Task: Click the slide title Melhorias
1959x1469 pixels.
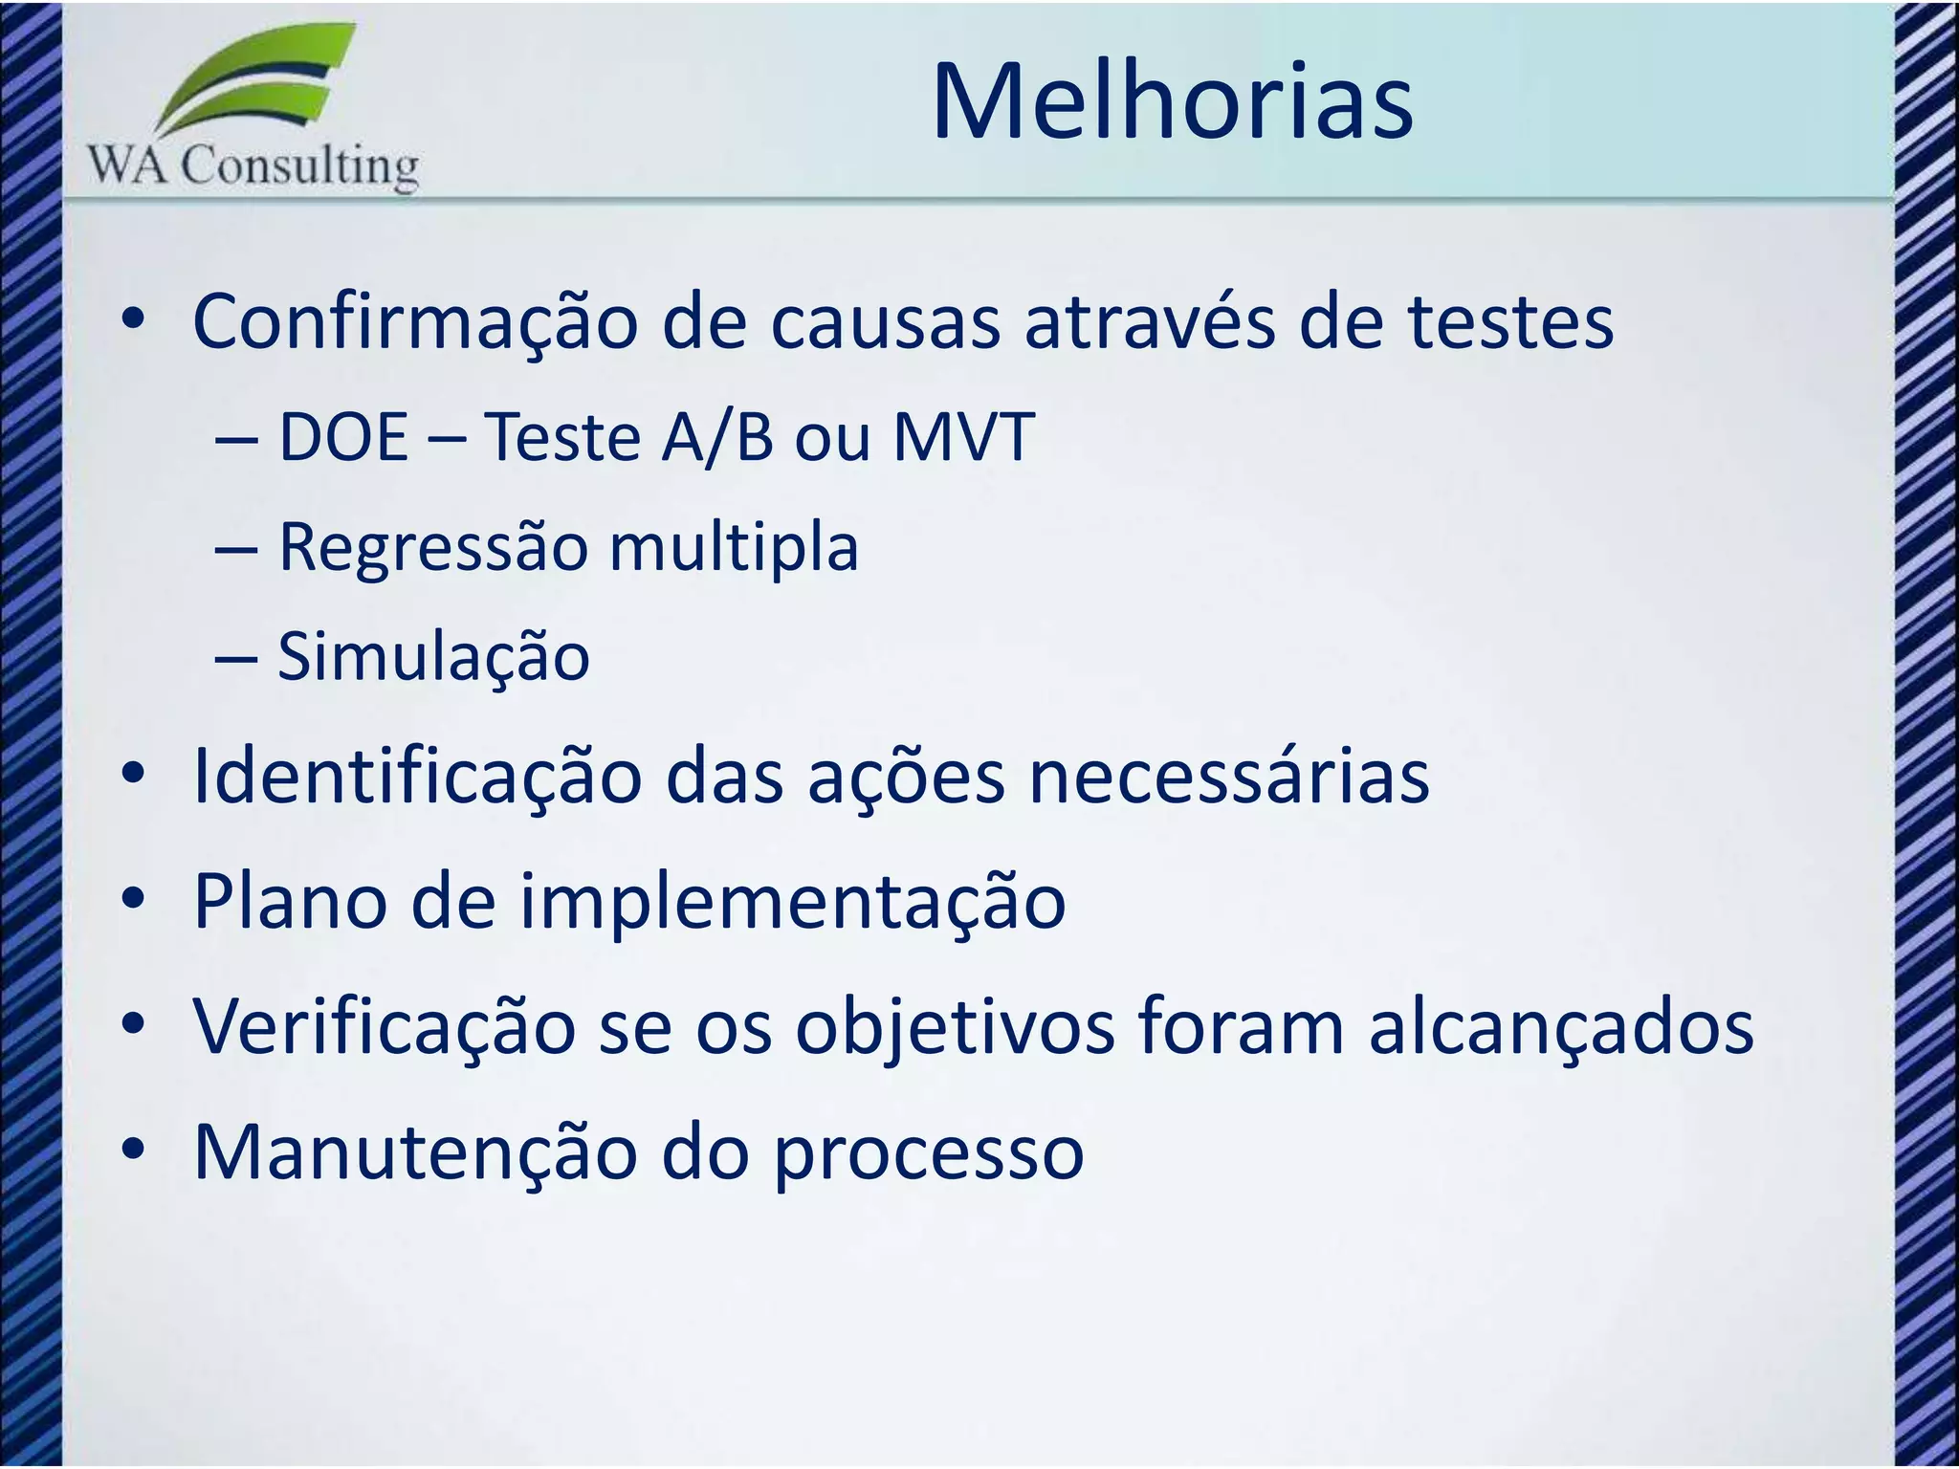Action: [x=1172, y=102]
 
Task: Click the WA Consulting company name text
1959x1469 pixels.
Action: [x=253, y=166]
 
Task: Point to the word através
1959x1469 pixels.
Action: [x=1150, y=323]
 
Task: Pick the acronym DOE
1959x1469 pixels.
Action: [x=343, y=438]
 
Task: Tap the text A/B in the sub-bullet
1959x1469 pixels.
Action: [x=717, y=438]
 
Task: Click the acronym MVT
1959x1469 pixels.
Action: [x=963, y=438]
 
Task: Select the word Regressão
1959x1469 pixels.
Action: [x=432, y=548]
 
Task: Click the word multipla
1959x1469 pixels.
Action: [x=734, y=548]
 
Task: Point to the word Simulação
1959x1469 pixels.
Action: [x=433, y=658]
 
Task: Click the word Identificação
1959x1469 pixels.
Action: [x=417, y=777]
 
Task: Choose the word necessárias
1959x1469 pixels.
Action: [x=1228, y=777]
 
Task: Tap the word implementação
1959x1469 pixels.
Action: [x=792, y=902]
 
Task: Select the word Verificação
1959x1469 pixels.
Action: [x=384, y=1027]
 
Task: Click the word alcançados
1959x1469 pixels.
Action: [x=1561, y=1027]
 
